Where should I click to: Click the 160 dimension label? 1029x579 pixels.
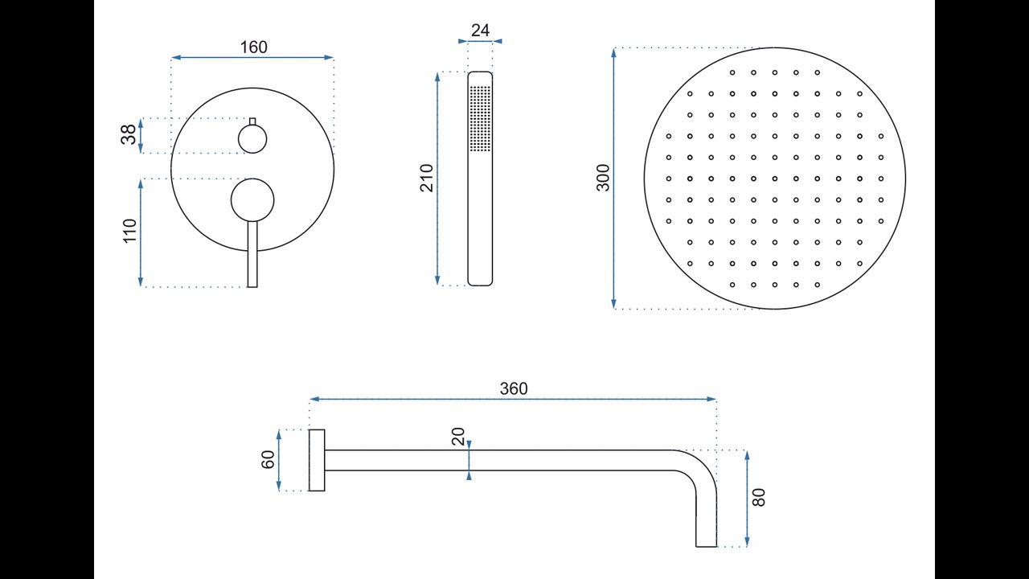click(253, 47)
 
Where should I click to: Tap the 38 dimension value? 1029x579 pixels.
click(129, 134)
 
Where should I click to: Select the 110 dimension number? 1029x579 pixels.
click(130, 231)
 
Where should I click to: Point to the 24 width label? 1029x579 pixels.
click(480, 31)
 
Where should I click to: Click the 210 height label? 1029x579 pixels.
click(427, 178)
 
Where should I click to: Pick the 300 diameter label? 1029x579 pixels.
click(603, 178)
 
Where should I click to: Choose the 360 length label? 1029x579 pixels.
click(514, 388)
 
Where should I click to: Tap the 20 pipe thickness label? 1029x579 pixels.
click(458, 436)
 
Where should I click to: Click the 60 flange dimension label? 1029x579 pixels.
click(268, 459)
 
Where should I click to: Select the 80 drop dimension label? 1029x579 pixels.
click(759, 498)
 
